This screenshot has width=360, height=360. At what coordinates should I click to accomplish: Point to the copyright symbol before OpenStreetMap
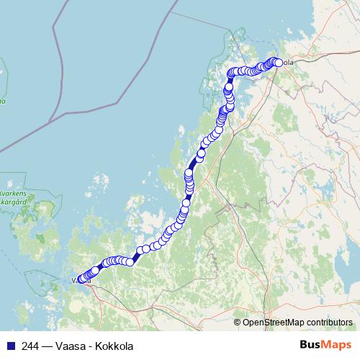pyautogui.click(x=238, y=322)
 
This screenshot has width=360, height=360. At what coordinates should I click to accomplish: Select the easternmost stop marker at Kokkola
pyautogui.click(x=279, y=62)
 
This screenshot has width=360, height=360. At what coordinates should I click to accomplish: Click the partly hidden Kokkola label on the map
pyautogui.click(x=287, y=63)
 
